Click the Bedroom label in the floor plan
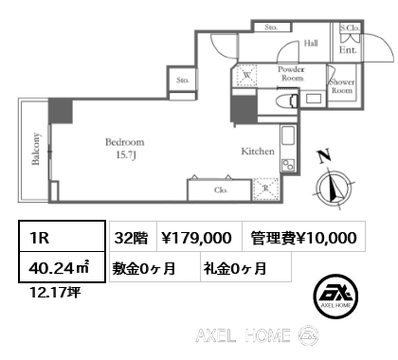point(125,142)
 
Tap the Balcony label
point(36,149)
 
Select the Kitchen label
point(258,152)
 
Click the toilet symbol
point(287,101)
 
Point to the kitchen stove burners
point(288,165)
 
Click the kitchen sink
point(288,135)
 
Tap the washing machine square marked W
point(247,75)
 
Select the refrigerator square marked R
point(266,189)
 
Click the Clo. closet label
point(221,190)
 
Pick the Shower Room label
point(342,86)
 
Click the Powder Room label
point(291,74)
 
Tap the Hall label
point(311,44)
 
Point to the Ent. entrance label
point(348,50)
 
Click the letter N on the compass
point(325,156)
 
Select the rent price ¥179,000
point(196,238)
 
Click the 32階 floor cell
point(131,238)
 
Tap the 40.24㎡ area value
point(59,268)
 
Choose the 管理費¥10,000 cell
point(304,238)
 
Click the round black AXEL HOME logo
point(335,296)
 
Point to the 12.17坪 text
point(55,293)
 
